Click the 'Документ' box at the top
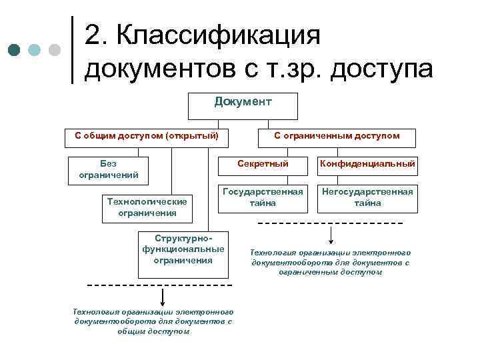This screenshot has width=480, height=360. (243, 105)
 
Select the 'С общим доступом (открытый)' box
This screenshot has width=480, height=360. (147, 136)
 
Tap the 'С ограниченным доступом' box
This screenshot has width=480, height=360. (337, 136)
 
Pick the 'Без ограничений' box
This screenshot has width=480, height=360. (108, 169)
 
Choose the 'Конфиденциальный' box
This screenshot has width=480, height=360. (367, 163)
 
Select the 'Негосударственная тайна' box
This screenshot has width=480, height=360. (367, 197)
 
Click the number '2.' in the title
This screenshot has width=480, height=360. (99, 35)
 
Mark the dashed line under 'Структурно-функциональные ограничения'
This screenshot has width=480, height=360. (160, 285)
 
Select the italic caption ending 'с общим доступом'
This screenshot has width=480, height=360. (153, 321)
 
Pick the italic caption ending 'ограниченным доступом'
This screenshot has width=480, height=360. (331, 263)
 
